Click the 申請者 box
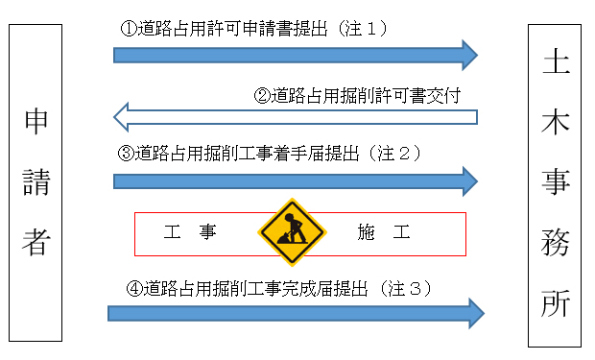35,182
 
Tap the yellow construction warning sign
293,232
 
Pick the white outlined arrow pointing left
295,117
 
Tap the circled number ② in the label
261,95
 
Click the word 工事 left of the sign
189,232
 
